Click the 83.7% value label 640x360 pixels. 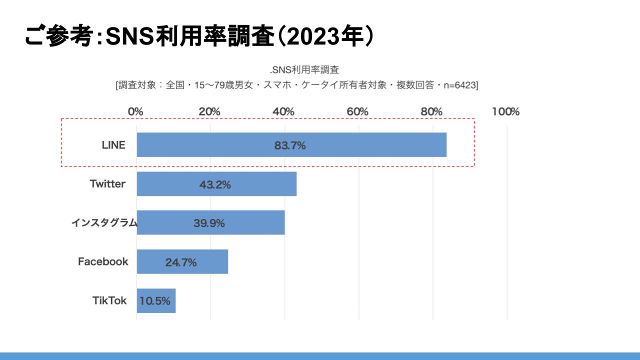coord(290,146)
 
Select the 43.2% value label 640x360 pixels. coord(215,184)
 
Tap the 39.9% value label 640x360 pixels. coord(209,223)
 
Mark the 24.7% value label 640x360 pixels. coord(181,262)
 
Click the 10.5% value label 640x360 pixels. coord(155,301)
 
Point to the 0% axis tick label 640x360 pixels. coord(135,111)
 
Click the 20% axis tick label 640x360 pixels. coord(209,111)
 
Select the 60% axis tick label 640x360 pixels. coord(357,111)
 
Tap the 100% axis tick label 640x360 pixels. coord(505,111)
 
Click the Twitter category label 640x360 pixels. coord(107,184)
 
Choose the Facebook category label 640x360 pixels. coord(103,261)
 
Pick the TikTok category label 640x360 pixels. coord(109,300)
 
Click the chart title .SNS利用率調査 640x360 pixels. coord(304,69)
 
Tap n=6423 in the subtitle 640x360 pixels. coord(458,85)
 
